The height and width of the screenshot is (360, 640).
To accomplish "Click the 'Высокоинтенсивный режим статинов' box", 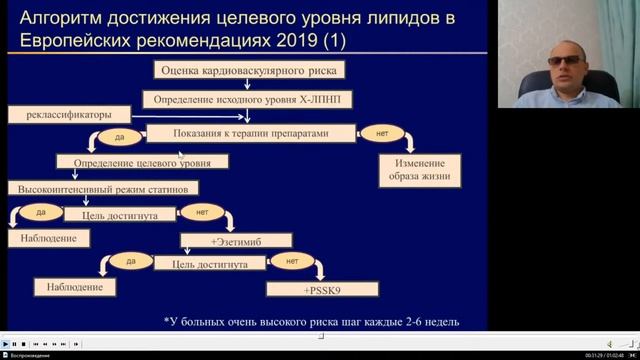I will pyautogui.click(x=104, y=188).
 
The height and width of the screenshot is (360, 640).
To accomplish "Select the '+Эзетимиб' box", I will pyautogui.click(x=236, y=240).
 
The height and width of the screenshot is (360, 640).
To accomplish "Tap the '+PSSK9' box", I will pyautogui.click(x=323, y=289).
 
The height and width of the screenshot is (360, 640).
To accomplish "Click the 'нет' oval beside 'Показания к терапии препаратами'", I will pyautogui.click(x=381, y=132).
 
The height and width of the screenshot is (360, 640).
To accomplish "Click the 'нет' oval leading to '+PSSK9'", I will pyautogui.click(x=292, y=262).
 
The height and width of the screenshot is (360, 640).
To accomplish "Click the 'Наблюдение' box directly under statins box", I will pyautogui.click(x=47, y=238).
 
